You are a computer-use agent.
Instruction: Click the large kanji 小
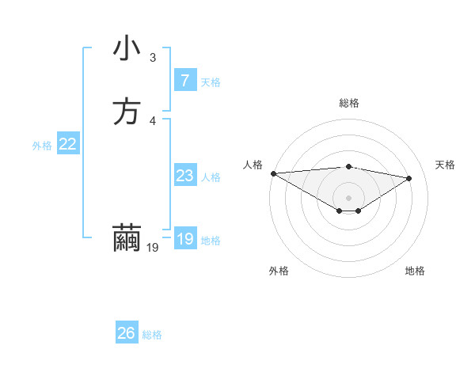pos(127,49)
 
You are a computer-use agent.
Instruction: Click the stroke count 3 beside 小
pos(153,58)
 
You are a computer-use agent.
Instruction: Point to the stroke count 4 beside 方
pos(153,120)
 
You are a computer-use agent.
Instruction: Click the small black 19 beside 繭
pos(153,248)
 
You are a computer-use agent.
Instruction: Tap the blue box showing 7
pos(184,80)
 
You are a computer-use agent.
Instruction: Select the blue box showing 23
pos(184,176)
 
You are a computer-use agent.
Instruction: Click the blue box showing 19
pos(184,239)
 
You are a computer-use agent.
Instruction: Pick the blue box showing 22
pos(68,144)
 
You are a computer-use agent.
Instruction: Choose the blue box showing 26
pos(126,333)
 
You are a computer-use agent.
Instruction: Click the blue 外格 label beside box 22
pos(41,146)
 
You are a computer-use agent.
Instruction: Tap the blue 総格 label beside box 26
pos(152,335)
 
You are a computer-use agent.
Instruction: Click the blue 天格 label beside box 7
pos(211,82)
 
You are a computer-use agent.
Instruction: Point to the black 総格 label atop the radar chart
pos(348,103)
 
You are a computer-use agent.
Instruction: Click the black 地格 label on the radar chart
pos(415,271)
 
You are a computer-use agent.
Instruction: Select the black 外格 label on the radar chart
pos(279,271)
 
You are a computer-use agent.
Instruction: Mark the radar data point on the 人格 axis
pos(273,173)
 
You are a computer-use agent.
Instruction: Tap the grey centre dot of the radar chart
pos(348,197)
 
